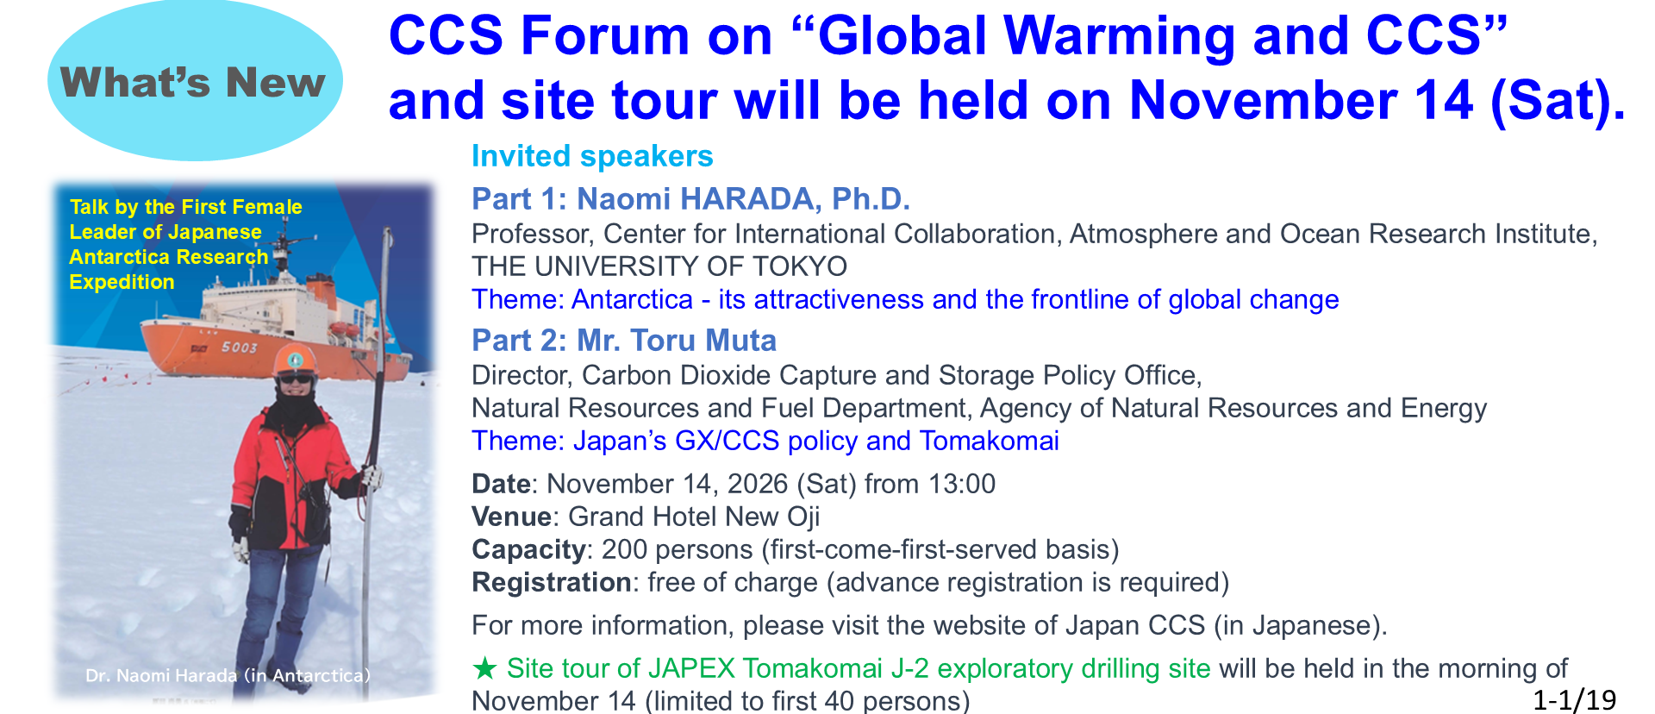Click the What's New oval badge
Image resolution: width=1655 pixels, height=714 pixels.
click(195, 82)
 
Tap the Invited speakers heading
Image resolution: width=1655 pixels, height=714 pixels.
click(592, 156)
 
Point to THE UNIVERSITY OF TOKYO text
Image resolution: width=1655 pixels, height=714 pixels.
click(659, 266)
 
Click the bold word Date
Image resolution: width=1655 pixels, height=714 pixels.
click(501, 484)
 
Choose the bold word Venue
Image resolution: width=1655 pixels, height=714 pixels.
click(511, 517)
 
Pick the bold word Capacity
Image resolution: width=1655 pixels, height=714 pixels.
click(528, 549)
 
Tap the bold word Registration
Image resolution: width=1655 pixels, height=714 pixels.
click(552, 582)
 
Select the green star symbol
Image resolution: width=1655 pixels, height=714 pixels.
click(485, 668)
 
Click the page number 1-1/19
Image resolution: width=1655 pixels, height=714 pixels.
click(1574, 699)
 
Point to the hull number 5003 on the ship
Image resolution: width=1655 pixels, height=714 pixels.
click(240, 348)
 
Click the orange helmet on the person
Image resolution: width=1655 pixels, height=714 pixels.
click(295, 360)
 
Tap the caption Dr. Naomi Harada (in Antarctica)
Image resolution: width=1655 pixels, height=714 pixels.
click(228, 675)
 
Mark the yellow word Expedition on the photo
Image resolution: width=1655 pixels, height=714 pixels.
click(122, 282)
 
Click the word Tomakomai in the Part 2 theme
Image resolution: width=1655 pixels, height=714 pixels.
click(990, 441)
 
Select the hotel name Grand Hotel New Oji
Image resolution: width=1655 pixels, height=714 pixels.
click(694, 517)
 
